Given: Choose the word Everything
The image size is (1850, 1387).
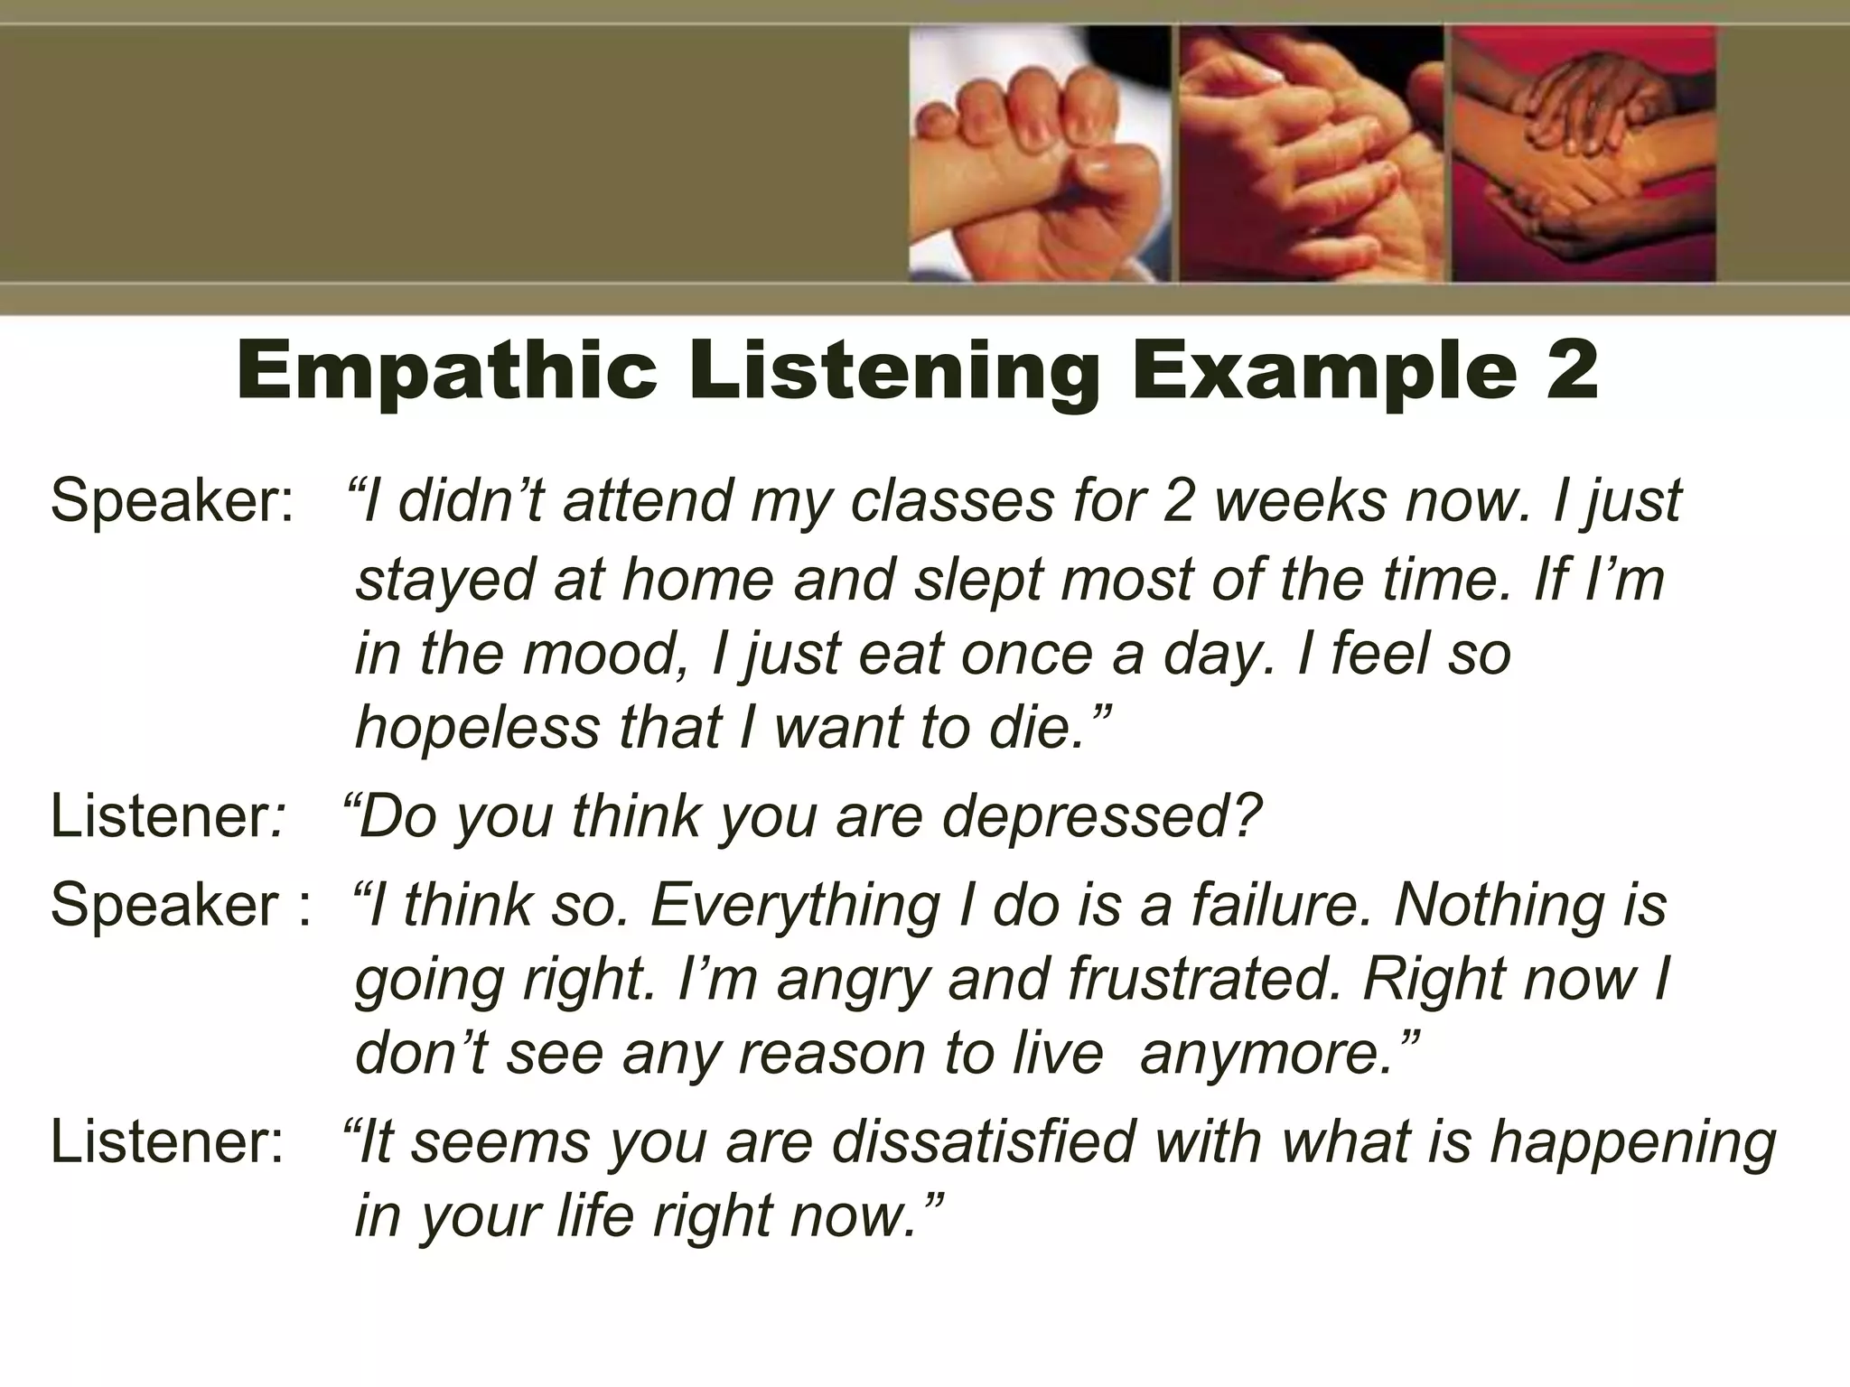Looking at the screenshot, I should (795, 905).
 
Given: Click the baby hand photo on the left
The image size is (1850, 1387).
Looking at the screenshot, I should (1040, 154).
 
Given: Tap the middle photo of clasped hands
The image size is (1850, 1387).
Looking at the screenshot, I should (1311, 154).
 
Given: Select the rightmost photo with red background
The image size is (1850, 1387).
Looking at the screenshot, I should (1584, 154).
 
